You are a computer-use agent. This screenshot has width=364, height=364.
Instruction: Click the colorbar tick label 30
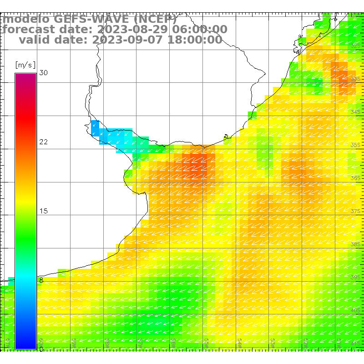coord(43,73)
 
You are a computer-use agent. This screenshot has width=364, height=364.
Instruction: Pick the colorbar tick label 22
coord(43,142)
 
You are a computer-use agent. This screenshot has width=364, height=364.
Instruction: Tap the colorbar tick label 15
coord(43,211)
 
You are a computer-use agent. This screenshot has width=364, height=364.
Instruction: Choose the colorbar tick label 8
coord(41,280)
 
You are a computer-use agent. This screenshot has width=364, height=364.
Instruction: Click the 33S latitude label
coord(356,79)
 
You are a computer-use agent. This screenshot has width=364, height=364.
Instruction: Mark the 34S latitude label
coord(356,112)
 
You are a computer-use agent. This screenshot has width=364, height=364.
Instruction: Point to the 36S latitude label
coord(356,178)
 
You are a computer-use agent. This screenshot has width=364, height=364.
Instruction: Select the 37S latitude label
coord(356,212)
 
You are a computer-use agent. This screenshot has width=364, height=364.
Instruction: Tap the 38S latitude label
coord(356,244)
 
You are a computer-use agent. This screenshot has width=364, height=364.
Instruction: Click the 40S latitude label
coord(356,310)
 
